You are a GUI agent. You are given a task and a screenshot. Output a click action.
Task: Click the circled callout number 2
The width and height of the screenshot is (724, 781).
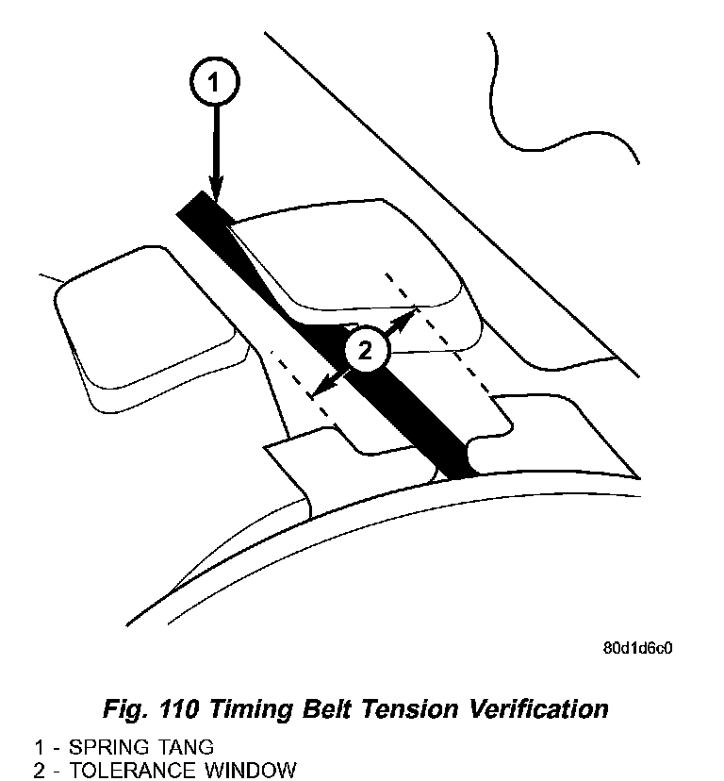click(365, 352)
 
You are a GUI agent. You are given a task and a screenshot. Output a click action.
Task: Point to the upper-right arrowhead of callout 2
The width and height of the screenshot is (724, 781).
click(412, 311)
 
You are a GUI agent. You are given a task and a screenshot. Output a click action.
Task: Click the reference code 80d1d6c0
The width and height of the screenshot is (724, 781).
click(639, 650)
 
